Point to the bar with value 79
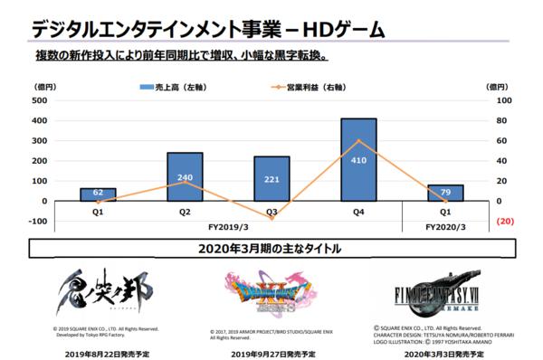click(444, 193)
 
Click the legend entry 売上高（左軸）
click(172, 88)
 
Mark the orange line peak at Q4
click(358, 140)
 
